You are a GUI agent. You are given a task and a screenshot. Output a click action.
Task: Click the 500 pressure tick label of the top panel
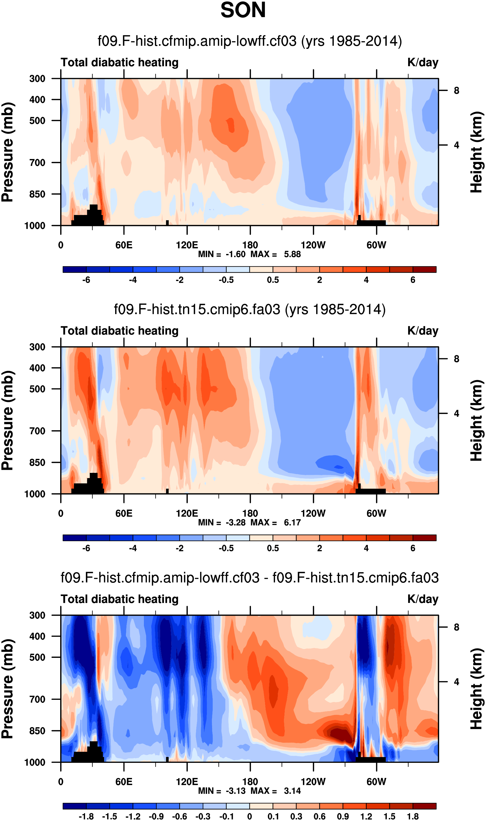(37, 121)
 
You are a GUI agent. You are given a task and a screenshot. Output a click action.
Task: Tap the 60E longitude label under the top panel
(124, 245)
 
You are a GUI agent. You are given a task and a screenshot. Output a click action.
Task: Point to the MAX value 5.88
(292, 254)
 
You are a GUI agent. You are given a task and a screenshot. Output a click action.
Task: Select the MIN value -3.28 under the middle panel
(236, 523)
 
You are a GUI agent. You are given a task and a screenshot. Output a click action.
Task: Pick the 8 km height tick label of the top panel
(456, 91)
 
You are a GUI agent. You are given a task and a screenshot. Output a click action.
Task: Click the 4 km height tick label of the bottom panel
(456, 682)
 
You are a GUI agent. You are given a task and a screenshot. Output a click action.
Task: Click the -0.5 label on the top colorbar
(226, 280)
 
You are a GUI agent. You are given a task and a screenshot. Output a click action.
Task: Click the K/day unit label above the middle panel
(422, 331)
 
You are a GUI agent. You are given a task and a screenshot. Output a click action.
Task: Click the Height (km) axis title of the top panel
(477, 152)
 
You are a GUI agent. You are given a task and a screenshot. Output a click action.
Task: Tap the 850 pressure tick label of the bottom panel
(37, 731)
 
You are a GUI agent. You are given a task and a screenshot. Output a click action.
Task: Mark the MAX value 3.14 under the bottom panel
(292, 791)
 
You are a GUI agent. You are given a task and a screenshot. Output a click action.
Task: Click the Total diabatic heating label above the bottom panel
(120, 599)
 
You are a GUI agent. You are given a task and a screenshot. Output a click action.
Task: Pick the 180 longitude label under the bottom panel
(250, 782)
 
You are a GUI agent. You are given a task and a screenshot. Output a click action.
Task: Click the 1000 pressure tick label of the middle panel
(35, 494)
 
